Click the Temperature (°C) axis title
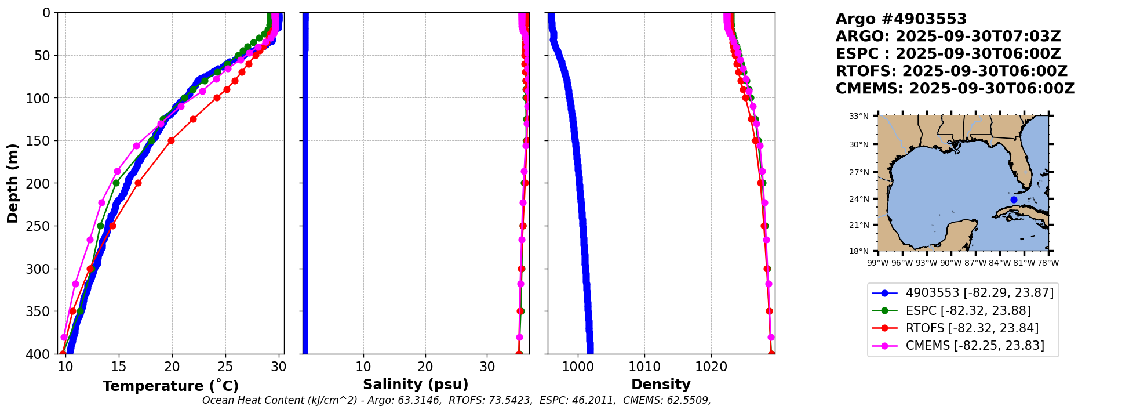click(x=170, y=386)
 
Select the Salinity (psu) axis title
click(x=416, y=385)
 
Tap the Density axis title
click(x=661, y=385)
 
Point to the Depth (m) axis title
click(x=13, y=183)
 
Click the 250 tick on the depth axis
click(x=42, y=226)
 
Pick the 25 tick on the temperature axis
click(x=225, y=367)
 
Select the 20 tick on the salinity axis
click(x=425, y=367)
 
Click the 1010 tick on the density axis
click(x=644, y=367)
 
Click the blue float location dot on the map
click(x=1014, y=200)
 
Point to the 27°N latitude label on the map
click(x=859, y=172)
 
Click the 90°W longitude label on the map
click(x=950, y=263)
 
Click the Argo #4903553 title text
click(x=901, y=19)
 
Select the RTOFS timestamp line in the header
click(x=951, y=71)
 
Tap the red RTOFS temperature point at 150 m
click(x=171, y=140)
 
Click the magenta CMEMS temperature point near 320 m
click(x=75, y=284)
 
